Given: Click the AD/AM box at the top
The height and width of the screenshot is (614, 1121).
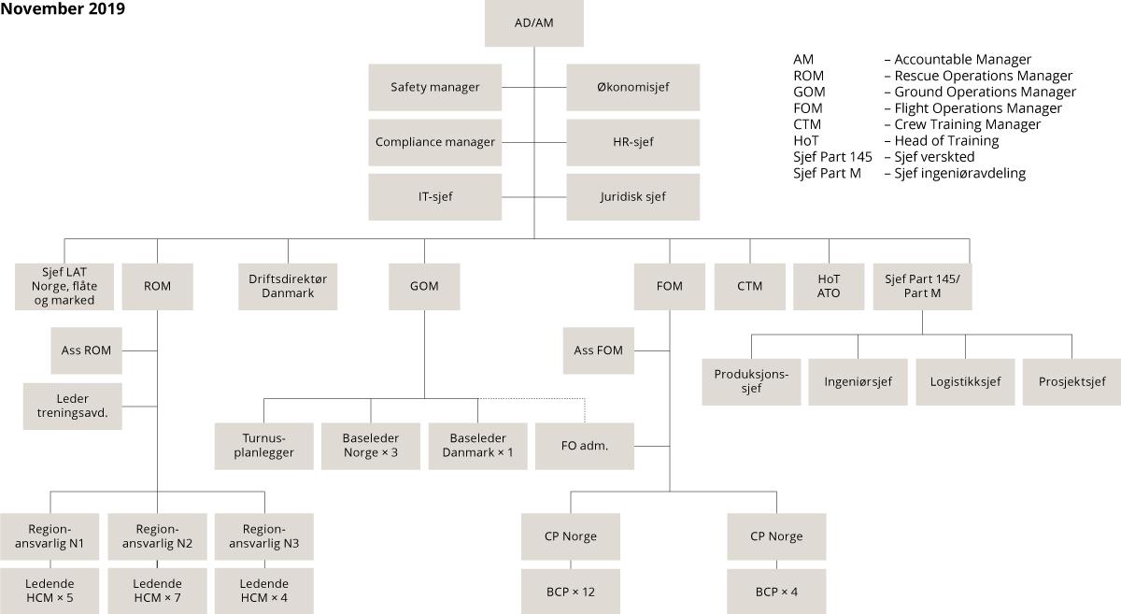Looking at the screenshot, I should [x=533, y=22].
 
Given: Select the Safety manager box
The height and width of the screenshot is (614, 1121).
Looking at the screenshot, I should [x=434, y=88].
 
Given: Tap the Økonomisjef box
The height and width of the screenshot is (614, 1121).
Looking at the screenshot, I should [x=632, y=88].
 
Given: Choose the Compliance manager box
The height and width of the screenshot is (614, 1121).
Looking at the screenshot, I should [x=434, y=142].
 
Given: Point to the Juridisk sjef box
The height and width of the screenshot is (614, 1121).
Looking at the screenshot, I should [x=632, y=197].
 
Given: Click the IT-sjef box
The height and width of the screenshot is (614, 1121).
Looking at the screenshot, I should [x=434, y=197].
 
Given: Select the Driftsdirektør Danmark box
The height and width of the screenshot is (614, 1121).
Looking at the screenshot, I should [x=288, y=286].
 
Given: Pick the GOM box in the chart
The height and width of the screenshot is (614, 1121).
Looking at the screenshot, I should [x=424, y=286].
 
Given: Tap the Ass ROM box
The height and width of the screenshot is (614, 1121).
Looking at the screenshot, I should [x=86, y=350].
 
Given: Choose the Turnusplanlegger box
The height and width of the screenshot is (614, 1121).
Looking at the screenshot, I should [x=263, y=446].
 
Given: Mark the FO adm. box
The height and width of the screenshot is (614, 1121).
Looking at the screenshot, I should [x=584, y=446].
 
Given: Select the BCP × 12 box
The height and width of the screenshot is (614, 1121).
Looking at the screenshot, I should [x=570, y=592].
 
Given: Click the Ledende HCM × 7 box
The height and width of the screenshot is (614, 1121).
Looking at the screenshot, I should [x=157, y=591].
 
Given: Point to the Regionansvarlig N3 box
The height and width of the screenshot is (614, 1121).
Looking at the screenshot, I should [x=264, y=535].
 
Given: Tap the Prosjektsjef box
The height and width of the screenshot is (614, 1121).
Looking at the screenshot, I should [x=1071, y=381].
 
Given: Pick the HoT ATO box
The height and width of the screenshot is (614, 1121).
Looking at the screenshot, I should [x=829, y=286].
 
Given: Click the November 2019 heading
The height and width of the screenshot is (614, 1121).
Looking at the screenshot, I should [x=63, y=8].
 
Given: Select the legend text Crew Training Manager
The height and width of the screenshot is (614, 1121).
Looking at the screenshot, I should [x=968, y=124].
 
